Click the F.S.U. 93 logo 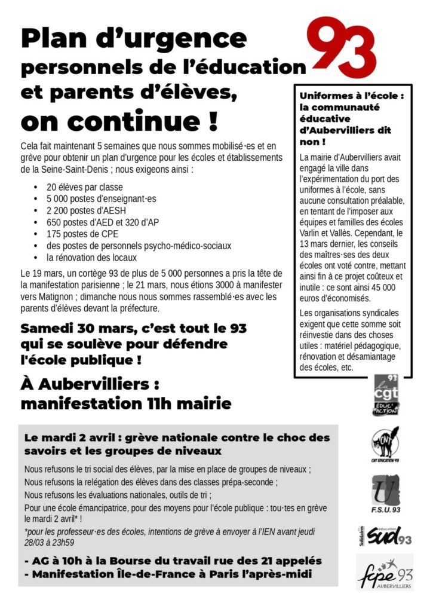click(x=385, y=494)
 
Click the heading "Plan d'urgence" click(x=134, y=39)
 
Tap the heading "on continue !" click(x=119, y=121)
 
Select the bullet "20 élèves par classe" click(x=84, y=187)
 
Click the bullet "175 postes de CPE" click(x=82, y=234)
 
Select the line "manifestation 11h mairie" click(x=125, y=404)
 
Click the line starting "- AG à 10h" click(x=173, y=561)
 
